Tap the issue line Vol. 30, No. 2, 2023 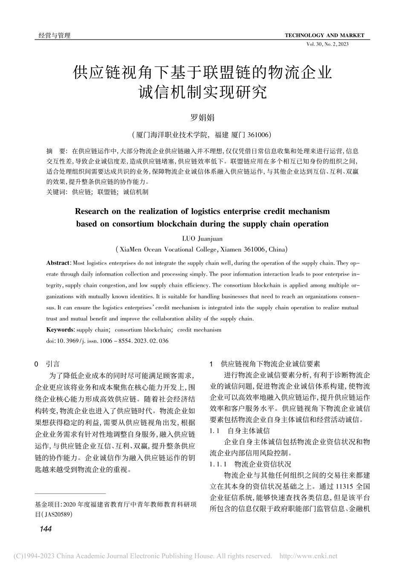pos(327,44)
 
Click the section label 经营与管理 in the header pos(52,35)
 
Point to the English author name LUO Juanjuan pos(202,239)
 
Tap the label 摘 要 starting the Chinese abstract pos(56,151)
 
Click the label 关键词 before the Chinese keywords pos(56,192)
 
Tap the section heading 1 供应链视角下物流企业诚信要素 pos(266,364)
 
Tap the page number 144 pos(45,529)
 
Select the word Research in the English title pos(90,212)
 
